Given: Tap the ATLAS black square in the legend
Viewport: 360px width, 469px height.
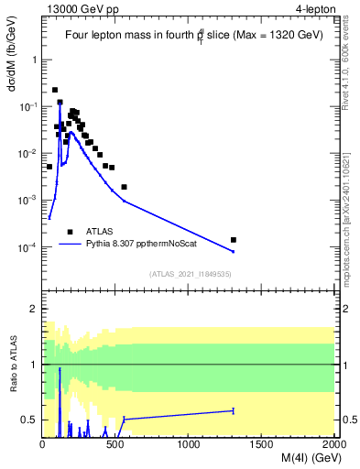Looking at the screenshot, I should pyautogui.click(x=70, y=232).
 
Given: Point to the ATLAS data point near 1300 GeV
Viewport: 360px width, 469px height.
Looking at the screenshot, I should pyautogui.click(x=233, y=240).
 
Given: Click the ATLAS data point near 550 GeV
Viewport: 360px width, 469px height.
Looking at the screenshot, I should pyautogui.click(x=124, y=187).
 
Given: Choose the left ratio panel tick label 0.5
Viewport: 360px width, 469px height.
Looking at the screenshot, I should pyautogui.click(x=31, y=420).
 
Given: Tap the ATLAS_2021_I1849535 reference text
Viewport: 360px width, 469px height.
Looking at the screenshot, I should pyautogui.click(x=190, y=273).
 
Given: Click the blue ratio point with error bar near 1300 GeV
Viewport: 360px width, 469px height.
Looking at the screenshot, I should pyautogui.click(x=233, y=410).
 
